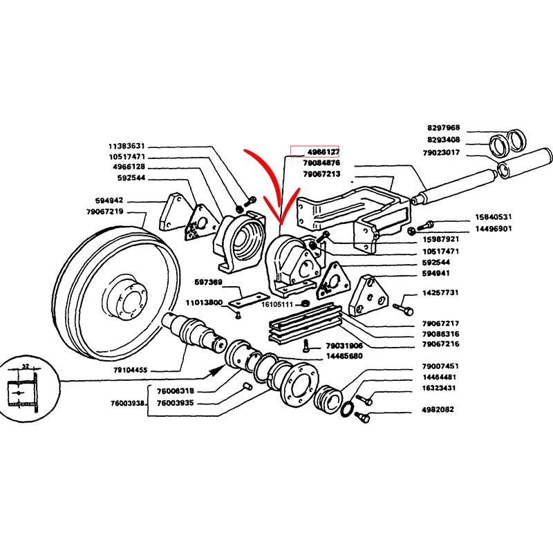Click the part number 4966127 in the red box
click(322, 151)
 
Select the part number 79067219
click(105, 212)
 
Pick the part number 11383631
click(126, 147)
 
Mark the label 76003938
click(127, 403)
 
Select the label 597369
click(208, 282)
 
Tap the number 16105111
click(277, 304)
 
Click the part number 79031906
click(344, 346)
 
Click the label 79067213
click(322, 174)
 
